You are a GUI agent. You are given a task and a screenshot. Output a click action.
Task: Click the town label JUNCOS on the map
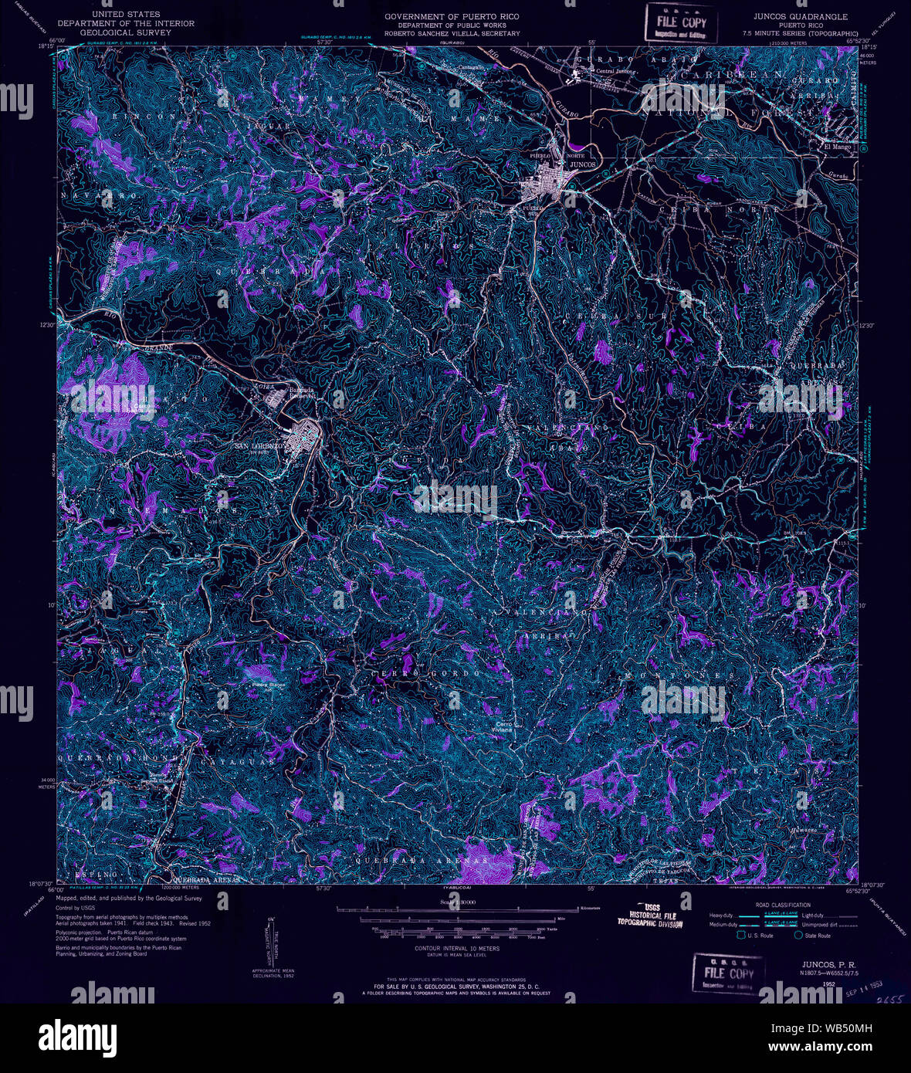(x=583, y=164)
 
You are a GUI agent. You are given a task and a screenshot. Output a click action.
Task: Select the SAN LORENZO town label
(x=260, y=446)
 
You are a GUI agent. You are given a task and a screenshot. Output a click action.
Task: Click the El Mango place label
(x=837, y=147)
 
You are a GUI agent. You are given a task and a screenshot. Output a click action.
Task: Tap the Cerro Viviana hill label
(x=504, y=726)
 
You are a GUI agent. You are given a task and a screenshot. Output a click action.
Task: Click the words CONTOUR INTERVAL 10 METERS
(x=456, y=948)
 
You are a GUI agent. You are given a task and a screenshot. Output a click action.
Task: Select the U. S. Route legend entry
(x=761, y=936)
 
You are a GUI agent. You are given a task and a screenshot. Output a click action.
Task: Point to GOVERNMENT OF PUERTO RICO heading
(x=452, y=16)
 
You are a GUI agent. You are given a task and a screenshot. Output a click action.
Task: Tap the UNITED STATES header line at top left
(x=126, y=14)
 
